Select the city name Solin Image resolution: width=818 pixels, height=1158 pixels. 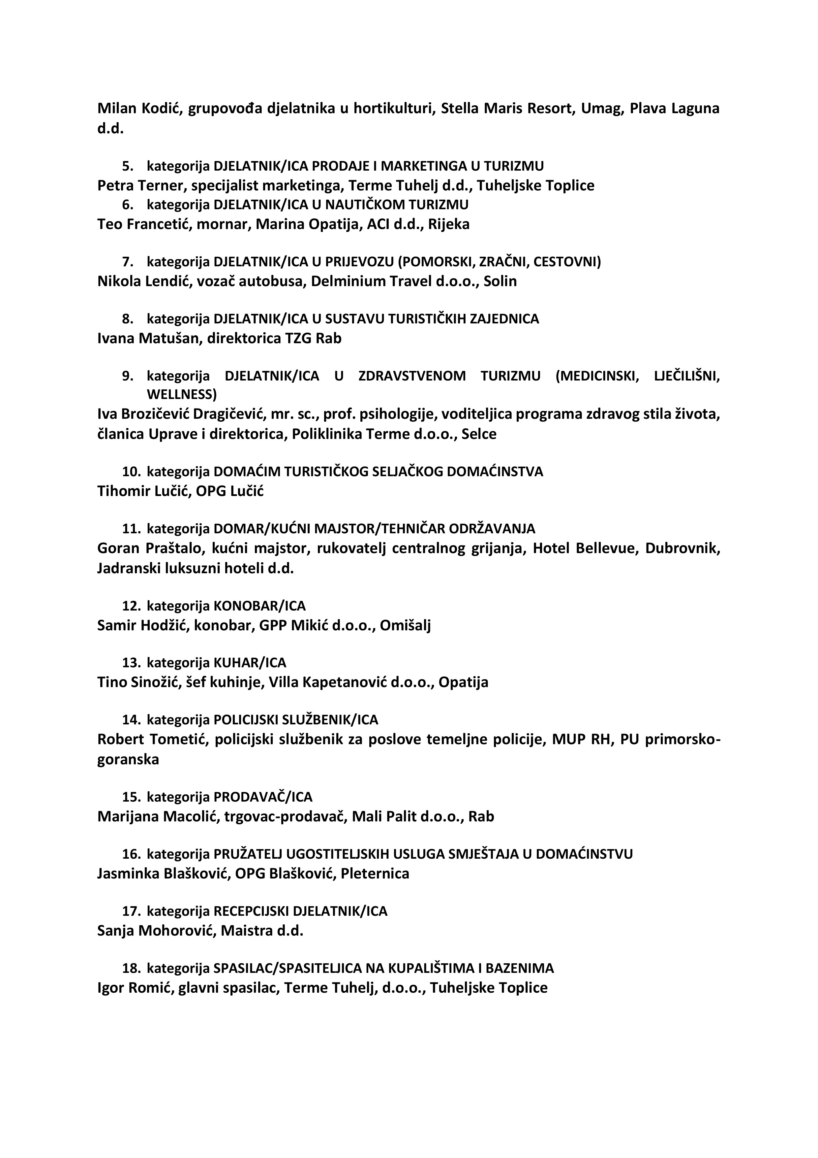tap(500, 281)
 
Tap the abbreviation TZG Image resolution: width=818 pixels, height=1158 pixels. tap(298, 338)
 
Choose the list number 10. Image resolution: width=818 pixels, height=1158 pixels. tap(131, 472)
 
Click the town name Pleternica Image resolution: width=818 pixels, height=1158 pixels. tap(375, 874)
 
